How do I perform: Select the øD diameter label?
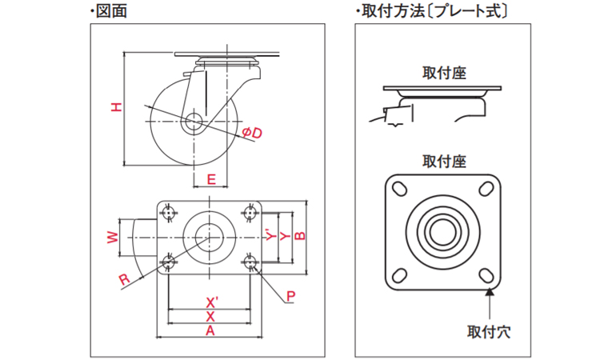[x=251, y=133]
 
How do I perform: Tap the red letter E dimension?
[x=210, y=179]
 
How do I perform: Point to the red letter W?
[x=114, y=237]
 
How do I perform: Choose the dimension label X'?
[x=212, y=302]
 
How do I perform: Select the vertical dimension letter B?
[x=299, y=235]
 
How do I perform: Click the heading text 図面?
[x=110, y=10]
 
